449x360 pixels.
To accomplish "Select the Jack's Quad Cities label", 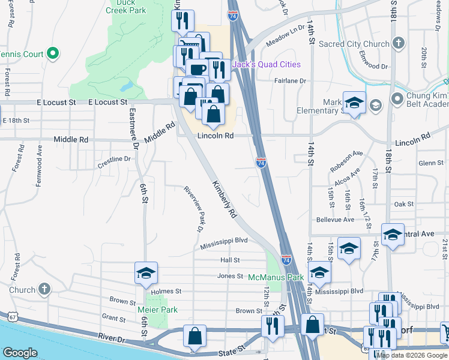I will click(266, 65).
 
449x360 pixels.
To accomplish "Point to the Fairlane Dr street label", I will click(290, 81).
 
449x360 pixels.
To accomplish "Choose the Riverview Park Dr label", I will click(193, 208).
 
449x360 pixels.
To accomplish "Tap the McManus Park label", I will click(276, 278).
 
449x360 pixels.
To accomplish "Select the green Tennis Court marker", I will click(52, 54).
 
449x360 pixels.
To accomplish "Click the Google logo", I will click(20, 352).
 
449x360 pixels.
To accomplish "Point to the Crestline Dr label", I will click(113, 159).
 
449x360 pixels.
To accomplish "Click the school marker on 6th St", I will click(146, 274).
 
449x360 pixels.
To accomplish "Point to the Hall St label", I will click(230, 260).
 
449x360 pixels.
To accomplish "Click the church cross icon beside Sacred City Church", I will click(398, 43).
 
